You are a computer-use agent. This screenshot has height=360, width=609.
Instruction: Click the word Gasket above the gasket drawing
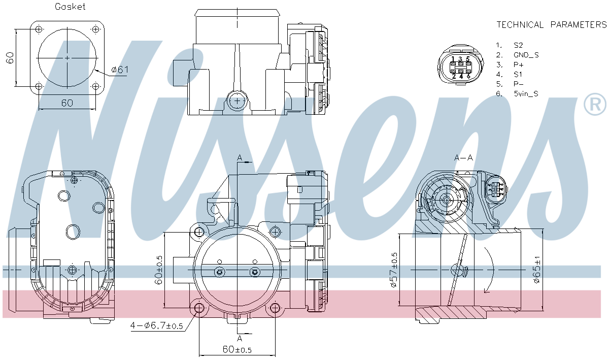[70, 7]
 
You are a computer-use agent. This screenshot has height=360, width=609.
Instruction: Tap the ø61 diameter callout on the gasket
[120, 70]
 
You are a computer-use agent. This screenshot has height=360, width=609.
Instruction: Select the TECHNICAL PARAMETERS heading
[552, 25]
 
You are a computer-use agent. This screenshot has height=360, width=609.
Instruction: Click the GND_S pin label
[526, 55]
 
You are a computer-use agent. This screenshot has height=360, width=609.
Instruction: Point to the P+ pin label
[519, 65]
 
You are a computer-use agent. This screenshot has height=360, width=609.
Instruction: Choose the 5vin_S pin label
[526, 93]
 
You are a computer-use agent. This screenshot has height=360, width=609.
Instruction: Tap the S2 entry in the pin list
[518, 45]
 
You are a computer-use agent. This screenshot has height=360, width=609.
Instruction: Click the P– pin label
[519, 84]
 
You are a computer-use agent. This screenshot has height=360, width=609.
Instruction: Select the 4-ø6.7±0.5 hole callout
[157, 325]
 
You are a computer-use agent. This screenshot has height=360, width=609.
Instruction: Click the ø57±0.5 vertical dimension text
[394, 270]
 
